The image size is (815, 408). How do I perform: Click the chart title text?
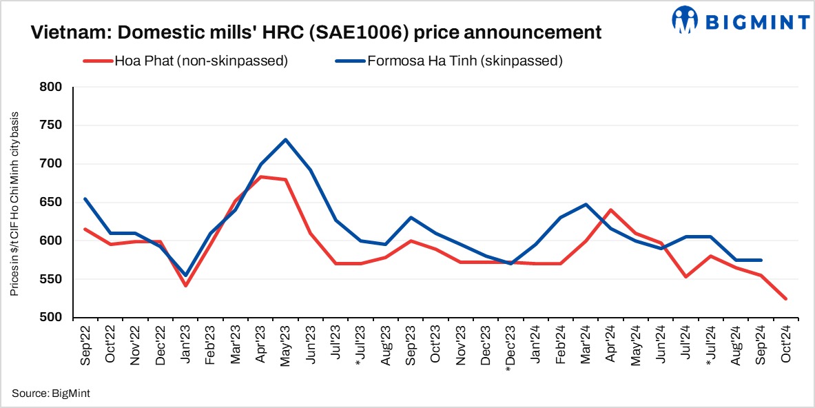(316, 32)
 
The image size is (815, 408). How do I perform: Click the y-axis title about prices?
(14, 203)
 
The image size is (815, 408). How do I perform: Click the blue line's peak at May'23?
(285, 140)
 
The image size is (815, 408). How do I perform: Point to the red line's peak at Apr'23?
(260, 177)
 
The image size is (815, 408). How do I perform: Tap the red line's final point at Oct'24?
(785, 298)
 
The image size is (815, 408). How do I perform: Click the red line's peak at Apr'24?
(610, 210)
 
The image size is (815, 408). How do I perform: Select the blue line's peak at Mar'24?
(586, 204)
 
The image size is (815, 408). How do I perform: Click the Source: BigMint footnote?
(50, 393)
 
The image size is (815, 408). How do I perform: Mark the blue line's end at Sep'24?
(760, 260)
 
